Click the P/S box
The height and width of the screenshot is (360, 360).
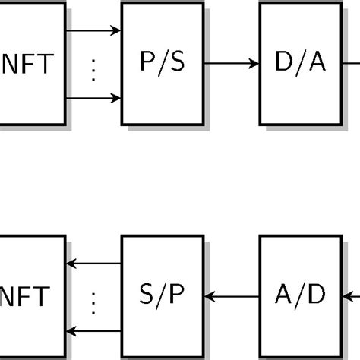(x=163, y=63)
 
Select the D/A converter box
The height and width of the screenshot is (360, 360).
(x=300, y=63)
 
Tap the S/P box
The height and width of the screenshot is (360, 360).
(x=163, y=296)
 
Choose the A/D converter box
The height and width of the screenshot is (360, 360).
(x=300, y=296)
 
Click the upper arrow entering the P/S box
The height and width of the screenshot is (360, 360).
(x=93, y=31)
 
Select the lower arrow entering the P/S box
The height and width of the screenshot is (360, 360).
(x=93, y=98)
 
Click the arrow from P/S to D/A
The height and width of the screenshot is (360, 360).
(x=232, y=64)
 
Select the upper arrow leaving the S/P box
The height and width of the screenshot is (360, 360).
(x=93, y=264)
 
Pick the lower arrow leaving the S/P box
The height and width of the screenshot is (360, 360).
(x=93, y=331)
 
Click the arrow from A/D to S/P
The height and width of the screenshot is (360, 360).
(x=232, y=296)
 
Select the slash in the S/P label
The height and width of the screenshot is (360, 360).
(x=163, y=296)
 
